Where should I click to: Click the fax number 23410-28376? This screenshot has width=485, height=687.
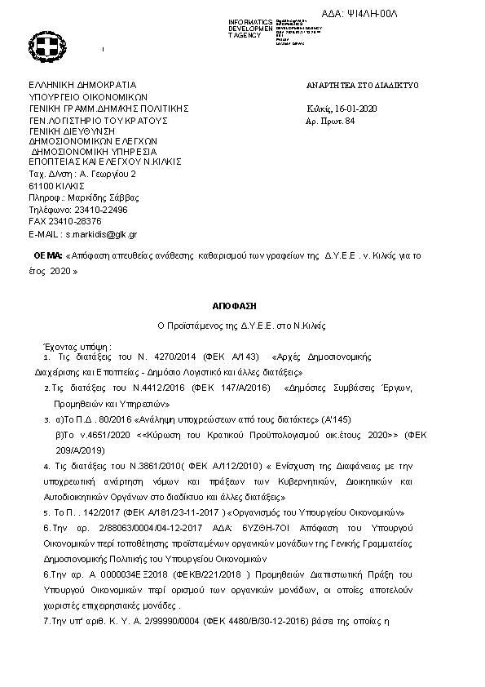coord(76,220)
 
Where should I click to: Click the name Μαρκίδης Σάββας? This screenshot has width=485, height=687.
coord(106,197)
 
